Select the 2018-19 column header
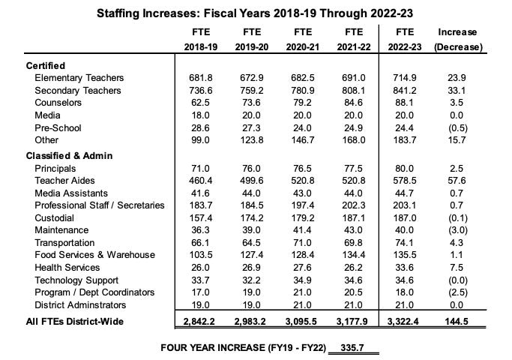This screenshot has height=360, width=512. click(x=200, y=46)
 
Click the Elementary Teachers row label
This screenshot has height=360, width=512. click(x=79, y=78)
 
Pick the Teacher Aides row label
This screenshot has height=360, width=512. click(x=67, y=181)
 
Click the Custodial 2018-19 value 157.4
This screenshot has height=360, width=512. click(x=200, y=217)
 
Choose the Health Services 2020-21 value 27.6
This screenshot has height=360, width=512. click(x=303, y=268)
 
